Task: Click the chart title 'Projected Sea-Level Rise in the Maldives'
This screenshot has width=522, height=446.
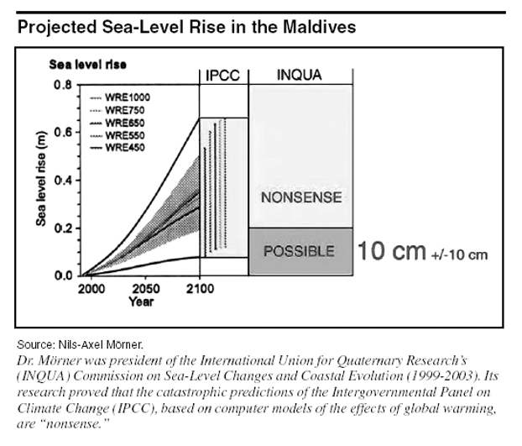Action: [186, 28]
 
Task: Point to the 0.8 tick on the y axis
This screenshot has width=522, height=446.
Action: [62, 85]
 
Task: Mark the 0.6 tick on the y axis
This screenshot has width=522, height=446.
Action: [62, 133]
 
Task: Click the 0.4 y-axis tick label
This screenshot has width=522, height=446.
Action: [62, 181]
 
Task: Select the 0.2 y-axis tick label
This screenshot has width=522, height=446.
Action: [62, 228]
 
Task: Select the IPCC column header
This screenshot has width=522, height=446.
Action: [223, 76]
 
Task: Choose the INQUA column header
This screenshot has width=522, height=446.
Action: [300, 76]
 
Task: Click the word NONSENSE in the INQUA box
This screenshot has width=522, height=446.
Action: [300, 198]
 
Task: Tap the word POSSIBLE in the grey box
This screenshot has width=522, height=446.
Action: [300, 251]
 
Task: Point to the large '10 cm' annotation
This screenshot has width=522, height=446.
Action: [390, 250]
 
